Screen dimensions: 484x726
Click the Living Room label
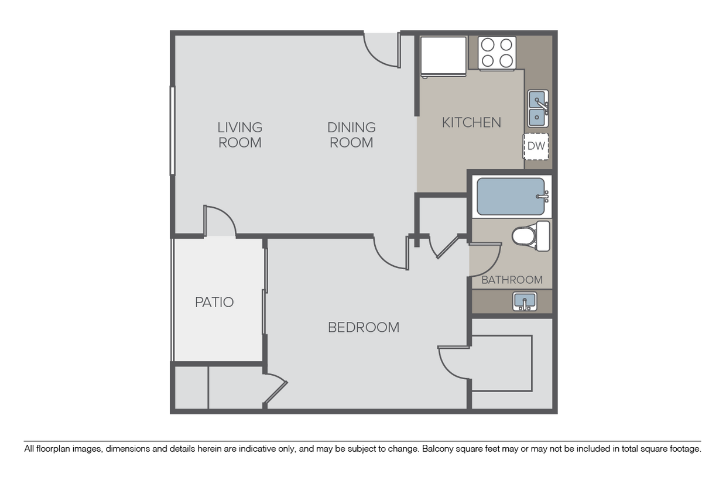click(239, 135)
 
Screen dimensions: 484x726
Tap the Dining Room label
click(351, 135)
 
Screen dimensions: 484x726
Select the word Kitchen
click(471, 122)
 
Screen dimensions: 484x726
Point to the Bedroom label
click(364, 327)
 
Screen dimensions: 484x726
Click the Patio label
click(214, 302)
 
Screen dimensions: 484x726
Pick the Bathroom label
click(512, 280)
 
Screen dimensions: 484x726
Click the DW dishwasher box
click(536, 146)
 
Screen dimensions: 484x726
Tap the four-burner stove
click(497, 53)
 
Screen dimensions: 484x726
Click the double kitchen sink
click(538, 109)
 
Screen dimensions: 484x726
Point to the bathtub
click(511, 197)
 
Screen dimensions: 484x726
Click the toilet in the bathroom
click(530, 235)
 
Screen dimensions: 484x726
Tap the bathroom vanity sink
click(525, 301)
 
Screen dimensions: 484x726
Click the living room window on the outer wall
click(172, 130)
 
